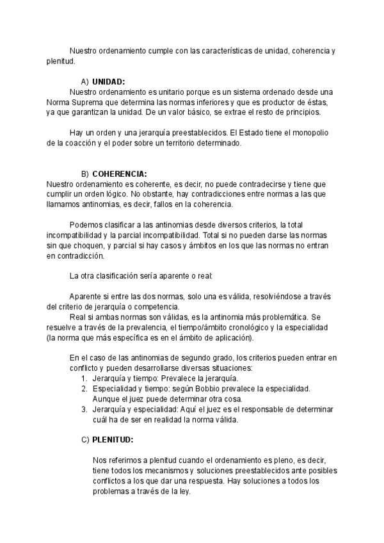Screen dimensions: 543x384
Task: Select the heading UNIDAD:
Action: coord(108,82)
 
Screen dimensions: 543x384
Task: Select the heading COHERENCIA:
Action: coord(119,174)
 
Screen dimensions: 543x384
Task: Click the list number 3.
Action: coord(84,409)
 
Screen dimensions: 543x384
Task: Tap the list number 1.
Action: coord(84,378)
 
